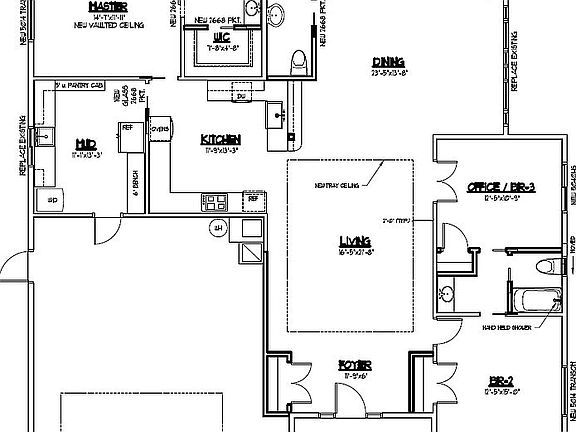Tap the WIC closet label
click(x=213, y=36)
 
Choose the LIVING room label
click(x=355, y=242)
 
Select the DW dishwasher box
click(x=240, y=97)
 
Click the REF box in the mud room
click(x=127, y=128)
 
